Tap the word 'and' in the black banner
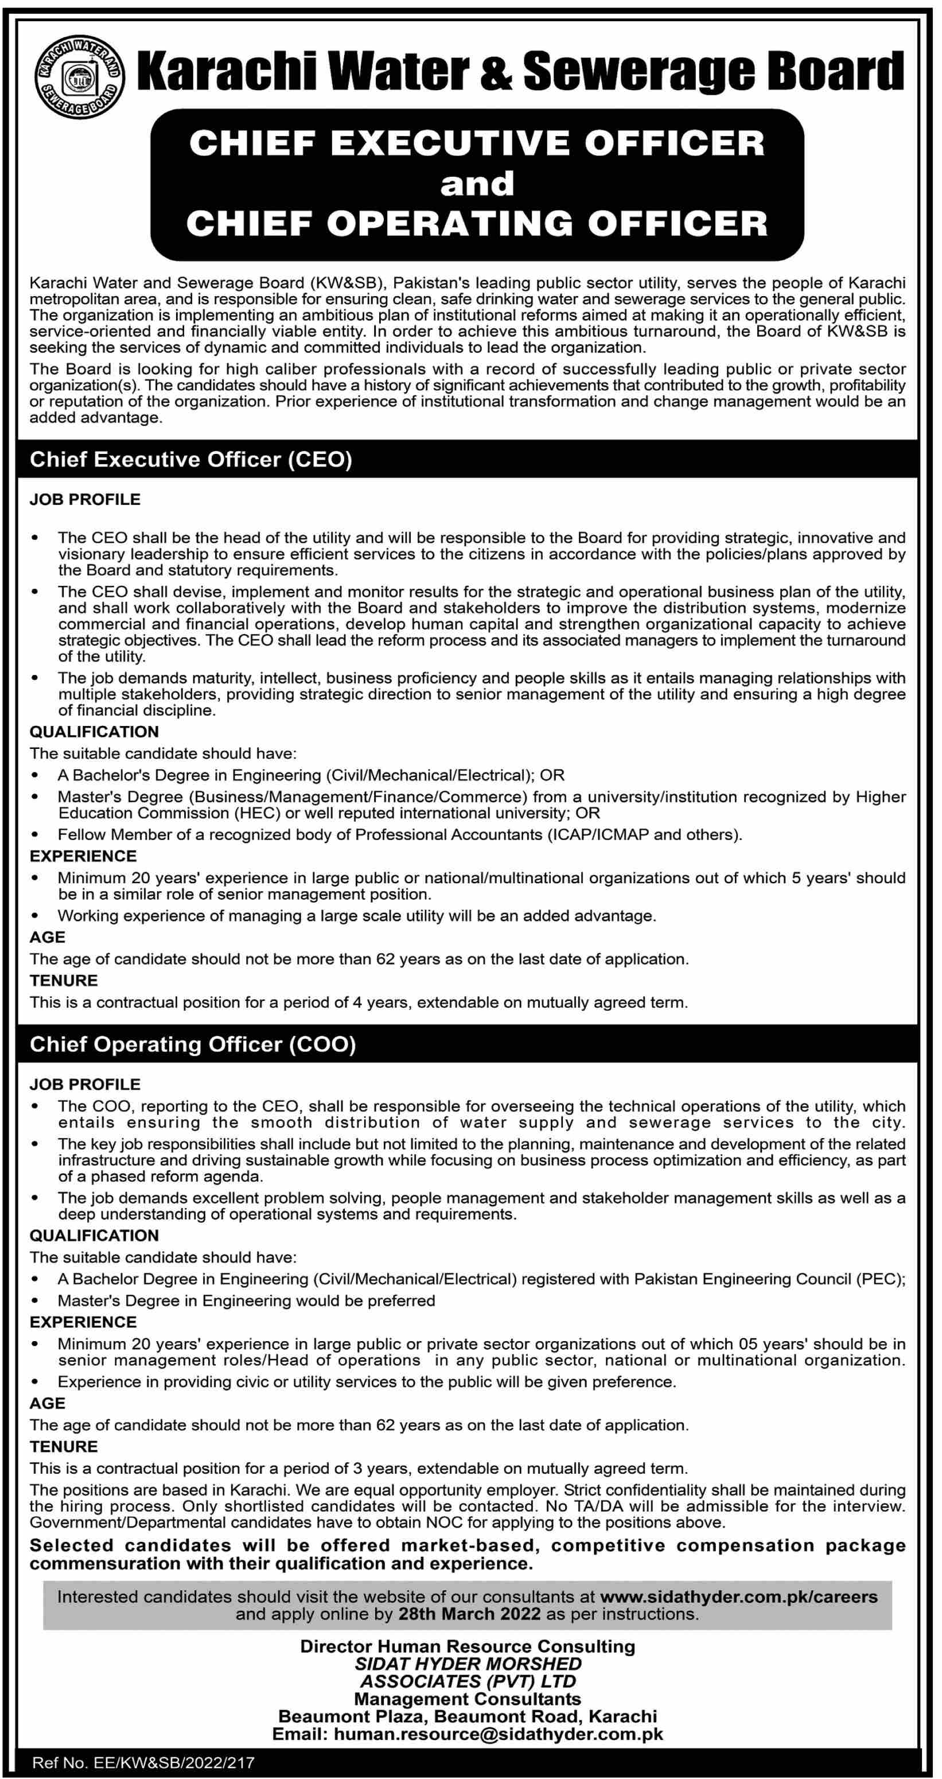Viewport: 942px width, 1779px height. [477, 184]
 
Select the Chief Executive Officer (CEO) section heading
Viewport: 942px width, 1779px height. [190, 460]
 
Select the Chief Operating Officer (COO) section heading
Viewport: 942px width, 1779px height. [193, 1044]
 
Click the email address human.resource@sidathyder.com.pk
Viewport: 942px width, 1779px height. [498, 1734]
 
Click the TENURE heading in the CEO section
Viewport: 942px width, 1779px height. [64, 980]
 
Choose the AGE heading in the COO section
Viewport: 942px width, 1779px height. [47, 1403]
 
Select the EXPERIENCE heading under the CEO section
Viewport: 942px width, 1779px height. [83, 856]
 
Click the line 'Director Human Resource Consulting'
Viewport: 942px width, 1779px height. [468, 1646]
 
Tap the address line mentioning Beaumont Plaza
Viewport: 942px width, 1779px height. [468, 1715]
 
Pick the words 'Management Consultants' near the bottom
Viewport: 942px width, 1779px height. [468, 1698]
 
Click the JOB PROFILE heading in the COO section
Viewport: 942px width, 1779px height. [85, 1083]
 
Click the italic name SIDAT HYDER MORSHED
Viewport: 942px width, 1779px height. [468, 1664]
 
